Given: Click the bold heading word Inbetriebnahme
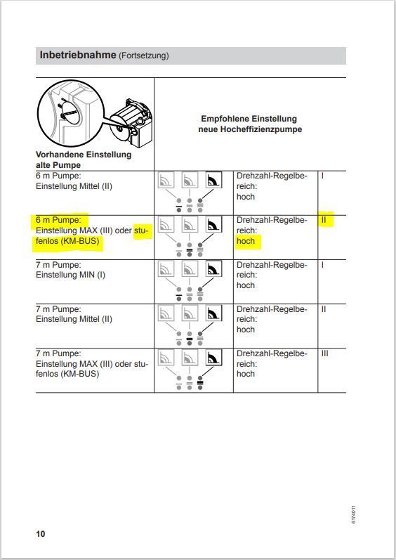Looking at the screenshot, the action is pyautogui.click(x=78, y=55).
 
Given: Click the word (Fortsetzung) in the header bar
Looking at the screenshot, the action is pyautogui.click(x=143, y=56).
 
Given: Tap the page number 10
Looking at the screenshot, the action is pyautogui.click(x=40, y=534).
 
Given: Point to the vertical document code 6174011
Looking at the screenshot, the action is pyautogui.click(x=353, y=514).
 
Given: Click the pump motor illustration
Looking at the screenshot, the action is pyautogui.click(x=131, y=121).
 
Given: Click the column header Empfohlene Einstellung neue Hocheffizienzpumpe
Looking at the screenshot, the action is pyautogui.click(x=250, y=124).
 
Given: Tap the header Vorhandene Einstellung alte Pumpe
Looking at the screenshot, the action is pyautogui.click(x=84, y=159).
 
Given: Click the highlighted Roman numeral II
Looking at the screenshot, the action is pyautogui.click(x=324, y=220).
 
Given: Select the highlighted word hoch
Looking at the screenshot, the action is pyautogui.click(x=246, y=241).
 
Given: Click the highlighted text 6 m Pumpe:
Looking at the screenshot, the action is pyautogui.click(x=58, y=220).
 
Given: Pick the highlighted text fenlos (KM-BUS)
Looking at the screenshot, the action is pyautogui.click(x=67, y=241).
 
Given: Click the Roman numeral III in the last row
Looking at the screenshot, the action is pyautogui.click(x=324, y=353).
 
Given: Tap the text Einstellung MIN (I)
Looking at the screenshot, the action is pyautogui.click(x=70, y=275).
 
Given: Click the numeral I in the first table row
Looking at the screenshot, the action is pyautogui.click(x=322, y=176).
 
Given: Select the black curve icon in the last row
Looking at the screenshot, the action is pyautogui.click(x=213, y=358).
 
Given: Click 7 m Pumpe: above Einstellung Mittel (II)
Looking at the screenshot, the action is pyautogui.click(x=58, y=309).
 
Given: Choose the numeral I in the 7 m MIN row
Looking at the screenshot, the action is pyautogui.click(x=322, y=265).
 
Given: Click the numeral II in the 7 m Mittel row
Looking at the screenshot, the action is pyautogui.click(x=324, y=309).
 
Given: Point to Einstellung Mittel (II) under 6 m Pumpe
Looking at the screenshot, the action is pyautogui.click(x=74, y=186).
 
